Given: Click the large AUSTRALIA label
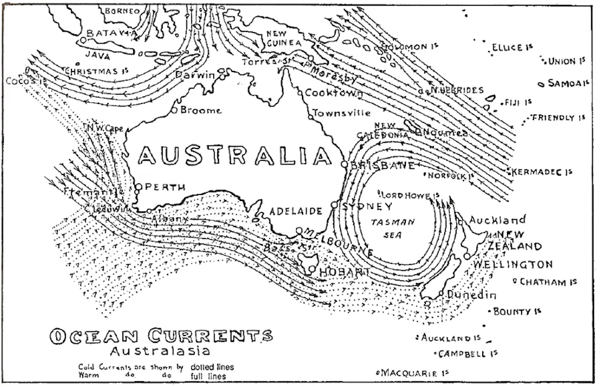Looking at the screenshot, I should click(235, 156).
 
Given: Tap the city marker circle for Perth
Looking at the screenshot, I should click(138, 187).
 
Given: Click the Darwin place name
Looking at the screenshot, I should click(195, 75).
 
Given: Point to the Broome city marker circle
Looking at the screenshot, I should click(174, 110).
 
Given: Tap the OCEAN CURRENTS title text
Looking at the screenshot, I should click(161, 336).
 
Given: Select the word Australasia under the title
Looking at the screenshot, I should click(160, 351).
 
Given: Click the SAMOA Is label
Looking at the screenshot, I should click(568, 83).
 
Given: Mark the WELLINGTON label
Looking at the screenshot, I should click(513, 265).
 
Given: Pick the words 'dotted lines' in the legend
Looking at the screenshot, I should click(212, 367).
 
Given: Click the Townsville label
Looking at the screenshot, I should click(341, 113).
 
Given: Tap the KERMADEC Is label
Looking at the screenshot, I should click(542, 173).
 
